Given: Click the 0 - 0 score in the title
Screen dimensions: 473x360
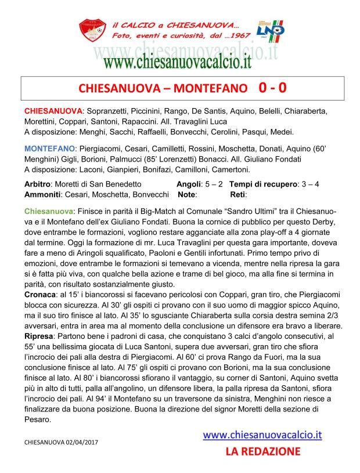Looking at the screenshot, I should click(272, 88).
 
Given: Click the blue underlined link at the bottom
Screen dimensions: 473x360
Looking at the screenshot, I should click(262, 434).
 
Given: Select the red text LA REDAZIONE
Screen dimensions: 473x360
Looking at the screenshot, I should click(262, 451).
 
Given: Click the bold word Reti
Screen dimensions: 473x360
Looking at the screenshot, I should click(238, 193).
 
